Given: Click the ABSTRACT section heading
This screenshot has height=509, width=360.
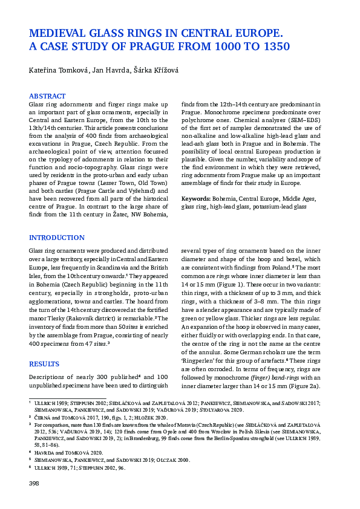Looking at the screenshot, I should click(48, 96).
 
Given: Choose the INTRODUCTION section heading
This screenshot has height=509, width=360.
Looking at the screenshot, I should click(57, 238).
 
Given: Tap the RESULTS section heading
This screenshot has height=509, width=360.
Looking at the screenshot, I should click(45, 363).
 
